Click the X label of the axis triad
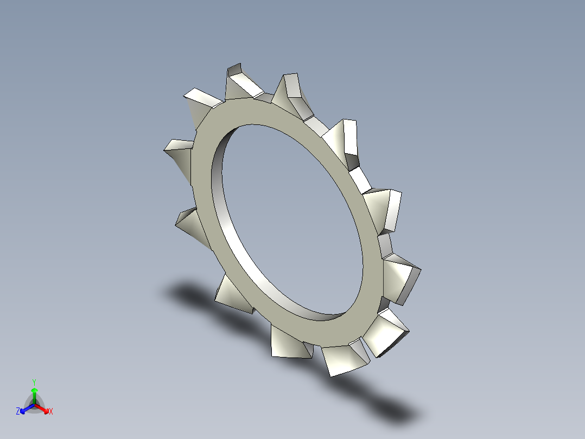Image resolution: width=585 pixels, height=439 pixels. coord(51,412)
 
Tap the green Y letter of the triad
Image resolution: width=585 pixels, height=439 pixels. coord(34,381)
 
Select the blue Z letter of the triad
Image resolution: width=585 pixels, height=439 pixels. coord(18,411)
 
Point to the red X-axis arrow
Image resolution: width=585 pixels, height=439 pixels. coord(44,408)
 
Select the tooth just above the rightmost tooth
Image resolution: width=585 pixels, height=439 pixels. coord(386,209)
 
